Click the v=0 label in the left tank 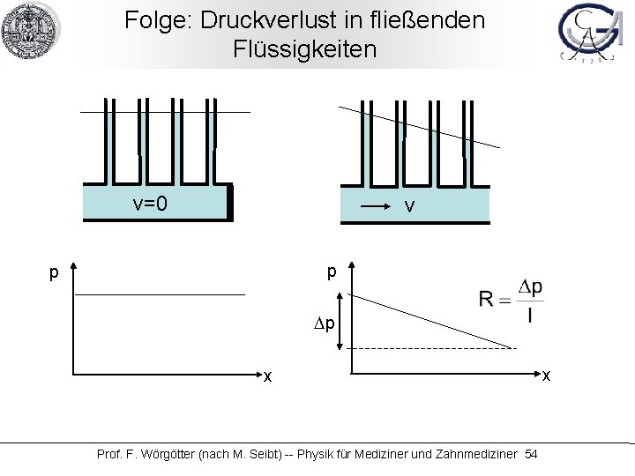[x=150, y=205]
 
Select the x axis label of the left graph [x=266, y=376]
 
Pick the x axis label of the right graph [x=547, y=376]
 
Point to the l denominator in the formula [x=530, y=316]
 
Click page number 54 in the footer [x=530, y=454]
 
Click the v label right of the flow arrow [x=408, y=207]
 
